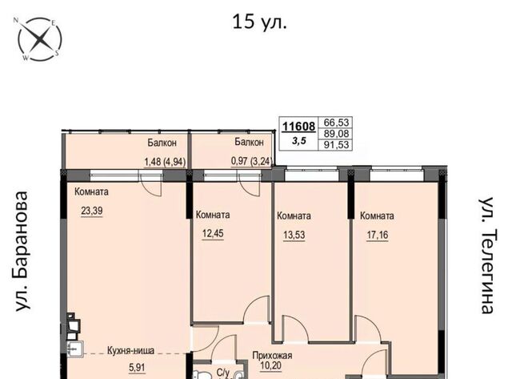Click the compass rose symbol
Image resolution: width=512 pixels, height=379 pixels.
tap(39, 39)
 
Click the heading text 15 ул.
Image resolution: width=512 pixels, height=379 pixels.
tap(259, 22)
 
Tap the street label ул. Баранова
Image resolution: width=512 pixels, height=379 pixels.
tap(22, 251)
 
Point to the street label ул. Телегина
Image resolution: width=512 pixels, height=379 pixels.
tap(489, 256)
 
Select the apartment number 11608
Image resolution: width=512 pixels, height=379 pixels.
tap(298, 127)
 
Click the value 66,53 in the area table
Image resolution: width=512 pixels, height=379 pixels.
tap(336, 123)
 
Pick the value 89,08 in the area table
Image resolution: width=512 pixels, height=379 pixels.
tap(336, 134)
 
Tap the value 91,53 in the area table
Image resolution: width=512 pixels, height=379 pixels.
tap(336, 144)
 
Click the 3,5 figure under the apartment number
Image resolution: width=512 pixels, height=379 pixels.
tap(299, 141)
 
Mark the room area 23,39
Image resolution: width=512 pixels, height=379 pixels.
tap(92, 211)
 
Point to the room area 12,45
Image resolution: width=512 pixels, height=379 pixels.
tap(213, 234)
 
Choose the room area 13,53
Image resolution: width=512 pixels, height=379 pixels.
tap(294, 235)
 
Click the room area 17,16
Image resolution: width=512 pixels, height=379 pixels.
tap(378, 235)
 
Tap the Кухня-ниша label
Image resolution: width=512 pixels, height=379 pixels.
tap(130, 351)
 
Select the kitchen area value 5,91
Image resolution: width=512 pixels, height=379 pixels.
tap(137, 368)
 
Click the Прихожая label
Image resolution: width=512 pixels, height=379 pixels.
tap(272, 356)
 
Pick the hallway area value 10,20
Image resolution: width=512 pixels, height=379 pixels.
tap(270, 365)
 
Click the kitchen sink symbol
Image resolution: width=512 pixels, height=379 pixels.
tap(75, 349)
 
